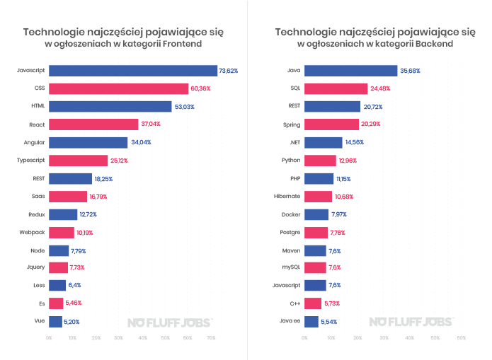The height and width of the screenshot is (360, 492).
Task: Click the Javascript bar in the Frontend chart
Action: tap(132, 71)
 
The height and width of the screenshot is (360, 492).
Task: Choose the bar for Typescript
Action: tap(78, 161)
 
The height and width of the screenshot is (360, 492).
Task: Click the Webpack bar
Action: tap(61, 233)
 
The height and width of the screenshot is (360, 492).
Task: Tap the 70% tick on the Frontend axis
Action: tap(212, 338)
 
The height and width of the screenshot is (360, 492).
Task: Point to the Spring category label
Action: tap(292, 124)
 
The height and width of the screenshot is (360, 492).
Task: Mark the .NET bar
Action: tap(324, 142)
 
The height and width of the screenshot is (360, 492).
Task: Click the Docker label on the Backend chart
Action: tap(291, 214)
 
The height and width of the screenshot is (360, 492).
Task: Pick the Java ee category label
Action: tap(290, 322)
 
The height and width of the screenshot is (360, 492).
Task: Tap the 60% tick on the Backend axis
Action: tap(461, 338)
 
